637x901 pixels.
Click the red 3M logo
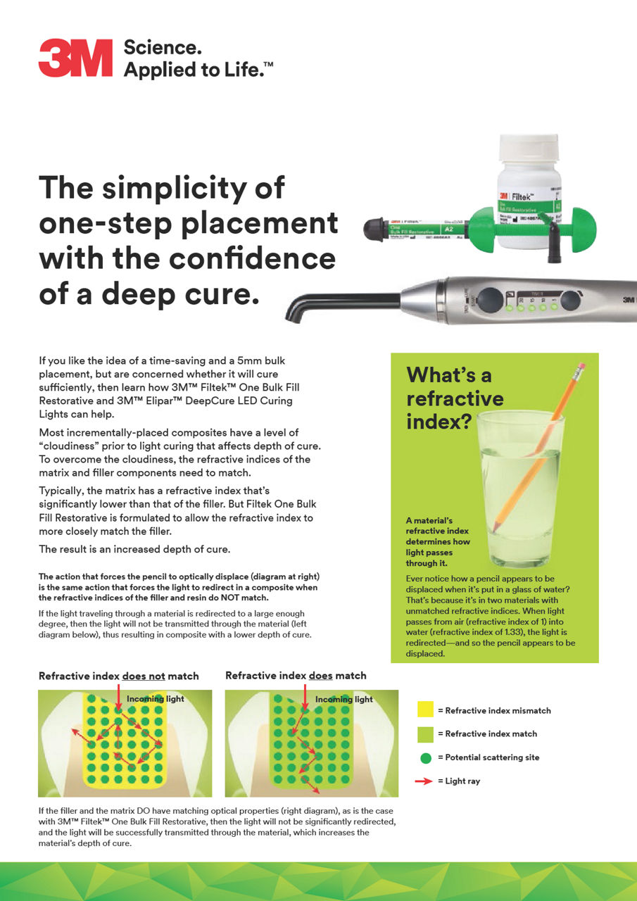tap(75, 58)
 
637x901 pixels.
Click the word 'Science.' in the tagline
tap(163, 48)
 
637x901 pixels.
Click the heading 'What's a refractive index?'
tap(455, 398)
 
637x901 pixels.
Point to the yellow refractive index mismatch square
tap(425, 710)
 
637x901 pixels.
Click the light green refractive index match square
tap(425, 733)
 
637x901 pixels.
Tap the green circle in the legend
tap(425, 757)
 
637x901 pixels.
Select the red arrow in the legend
tap(425, 781)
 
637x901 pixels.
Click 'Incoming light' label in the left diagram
tap(155, 699)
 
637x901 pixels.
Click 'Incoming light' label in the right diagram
tap(343, 699)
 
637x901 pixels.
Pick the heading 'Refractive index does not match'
tap(118, 676)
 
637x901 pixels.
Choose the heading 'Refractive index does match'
tap(296, 676)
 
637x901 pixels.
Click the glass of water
tap(520, 486)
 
